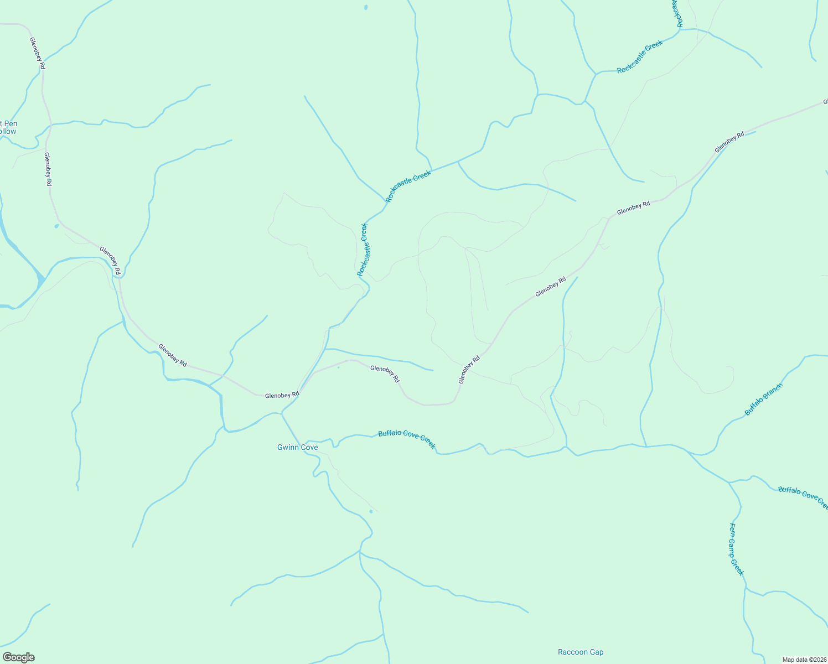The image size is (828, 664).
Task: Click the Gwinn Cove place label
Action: click(297, 447)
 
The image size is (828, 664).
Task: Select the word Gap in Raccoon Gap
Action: click(596, 652)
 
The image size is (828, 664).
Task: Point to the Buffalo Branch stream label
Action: click(764, 399)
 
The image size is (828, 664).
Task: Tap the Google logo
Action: click(18, 657)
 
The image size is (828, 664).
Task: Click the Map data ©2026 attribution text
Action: click(804, 660)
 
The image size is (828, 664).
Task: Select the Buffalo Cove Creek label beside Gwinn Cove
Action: click(407, 440)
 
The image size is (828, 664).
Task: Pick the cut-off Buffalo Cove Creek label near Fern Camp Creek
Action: click(803, 496)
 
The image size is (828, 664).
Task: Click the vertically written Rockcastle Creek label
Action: click(363, 250)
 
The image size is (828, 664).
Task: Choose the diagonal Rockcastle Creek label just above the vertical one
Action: click(408, 186)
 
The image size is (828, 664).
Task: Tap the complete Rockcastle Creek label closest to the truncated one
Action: click(640, 57)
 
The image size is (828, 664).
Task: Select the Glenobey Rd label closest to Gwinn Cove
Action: click(282, 395)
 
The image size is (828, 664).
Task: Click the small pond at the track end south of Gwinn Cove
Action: click(371, 511)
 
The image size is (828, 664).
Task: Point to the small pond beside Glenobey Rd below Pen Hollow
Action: click(56, 226)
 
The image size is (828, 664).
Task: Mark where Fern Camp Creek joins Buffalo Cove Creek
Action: click(729, 483)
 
